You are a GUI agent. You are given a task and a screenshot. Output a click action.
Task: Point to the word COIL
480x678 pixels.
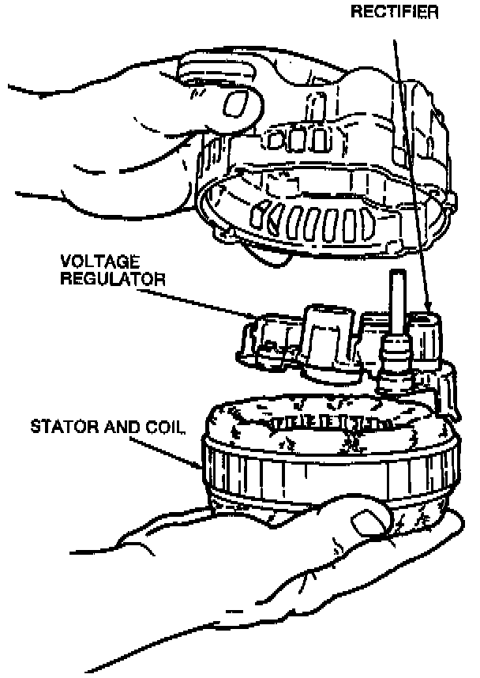(166, 428)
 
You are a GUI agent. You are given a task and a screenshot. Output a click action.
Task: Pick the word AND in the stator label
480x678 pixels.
(118, 428)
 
